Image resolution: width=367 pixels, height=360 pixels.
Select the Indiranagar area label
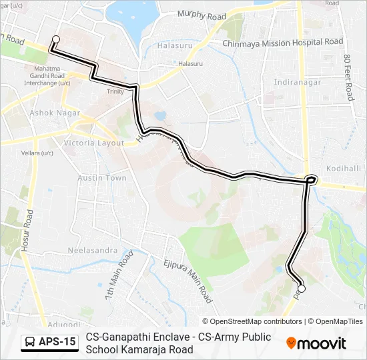(298, 82)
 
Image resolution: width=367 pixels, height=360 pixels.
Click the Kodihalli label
(344, 169)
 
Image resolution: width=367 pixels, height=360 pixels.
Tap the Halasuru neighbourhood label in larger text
(176, 46)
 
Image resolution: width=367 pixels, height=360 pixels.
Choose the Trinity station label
(115, 91)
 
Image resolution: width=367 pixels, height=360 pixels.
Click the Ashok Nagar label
(51, 113)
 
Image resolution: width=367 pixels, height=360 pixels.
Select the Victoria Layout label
(93, 143)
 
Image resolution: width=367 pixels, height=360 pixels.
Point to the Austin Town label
(101, 178)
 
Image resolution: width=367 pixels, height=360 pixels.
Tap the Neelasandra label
(93, 251)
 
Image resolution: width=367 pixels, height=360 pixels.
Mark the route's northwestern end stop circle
(56, 39)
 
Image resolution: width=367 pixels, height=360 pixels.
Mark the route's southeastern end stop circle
(301, 289)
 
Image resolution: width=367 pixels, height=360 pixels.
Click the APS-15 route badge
(49, 343)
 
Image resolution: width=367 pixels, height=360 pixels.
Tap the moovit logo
(316, 343)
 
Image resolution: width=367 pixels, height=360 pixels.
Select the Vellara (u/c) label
(37, 153)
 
